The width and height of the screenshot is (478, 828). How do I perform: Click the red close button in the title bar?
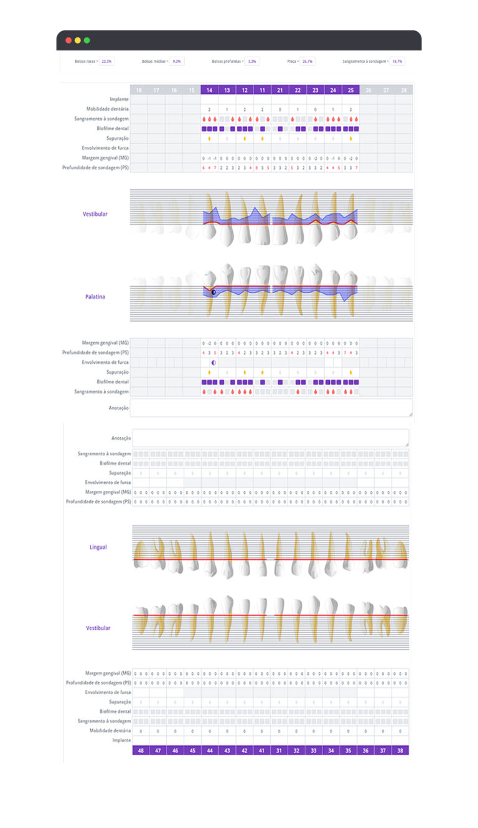click(68, 40)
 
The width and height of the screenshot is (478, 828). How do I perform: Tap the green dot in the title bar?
click(87, 40)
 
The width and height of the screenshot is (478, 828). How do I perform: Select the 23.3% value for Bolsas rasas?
click(107, 62)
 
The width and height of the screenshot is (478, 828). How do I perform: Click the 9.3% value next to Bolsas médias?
click(177, 62)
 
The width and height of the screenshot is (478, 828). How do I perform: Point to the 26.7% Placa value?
click(308, 62)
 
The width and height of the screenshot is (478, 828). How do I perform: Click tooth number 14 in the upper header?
click(209, 90)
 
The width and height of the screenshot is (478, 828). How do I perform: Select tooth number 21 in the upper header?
click(280, 90)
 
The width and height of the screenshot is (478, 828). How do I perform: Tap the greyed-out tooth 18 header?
click(138, 90)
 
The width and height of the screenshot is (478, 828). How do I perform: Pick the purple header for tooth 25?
click(351, 90)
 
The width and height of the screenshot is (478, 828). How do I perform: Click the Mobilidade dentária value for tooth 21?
click(280, 109)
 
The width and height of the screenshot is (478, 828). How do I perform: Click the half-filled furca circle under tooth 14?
click(213, 362)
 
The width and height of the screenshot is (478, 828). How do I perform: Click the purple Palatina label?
click(95, 297)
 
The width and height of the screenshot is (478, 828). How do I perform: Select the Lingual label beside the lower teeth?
click(98, 547)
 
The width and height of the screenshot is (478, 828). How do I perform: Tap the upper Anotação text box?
click(271, 407)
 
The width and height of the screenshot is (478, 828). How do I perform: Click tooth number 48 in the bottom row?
click(141, 751)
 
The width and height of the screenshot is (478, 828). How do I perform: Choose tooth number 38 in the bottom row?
click(400, 751)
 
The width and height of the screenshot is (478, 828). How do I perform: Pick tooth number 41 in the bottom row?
click(262, 751)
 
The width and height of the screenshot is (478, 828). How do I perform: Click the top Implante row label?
click(119, 100)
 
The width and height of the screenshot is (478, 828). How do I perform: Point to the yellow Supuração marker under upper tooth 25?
click(351, 139)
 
